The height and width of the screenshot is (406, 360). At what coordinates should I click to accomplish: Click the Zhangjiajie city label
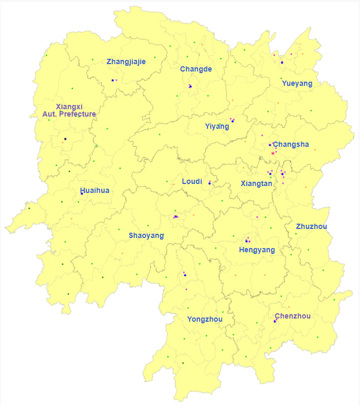[126, 61]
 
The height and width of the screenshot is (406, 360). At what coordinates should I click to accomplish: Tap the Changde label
[196, 69]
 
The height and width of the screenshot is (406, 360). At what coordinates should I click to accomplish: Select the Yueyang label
[297, 83]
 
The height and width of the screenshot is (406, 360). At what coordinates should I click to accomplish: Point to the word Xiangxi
[69, 107]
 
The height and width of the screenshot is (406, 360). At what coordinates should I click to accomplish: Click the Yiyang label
[217, 126]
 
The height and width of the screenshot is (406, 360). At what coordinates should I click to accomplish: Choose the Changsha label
[291, 144]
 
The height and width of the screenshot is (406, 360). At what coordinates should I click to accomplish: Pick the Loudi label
[192, 181]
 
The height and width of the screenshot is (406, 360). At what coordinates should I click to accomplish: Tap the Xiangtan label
[256, 183]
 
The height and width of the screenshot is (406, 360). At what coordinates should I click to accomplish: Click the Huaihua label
[95, 190]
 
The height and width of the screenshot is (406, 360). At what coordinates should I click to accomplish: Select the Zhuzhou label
[311, 226]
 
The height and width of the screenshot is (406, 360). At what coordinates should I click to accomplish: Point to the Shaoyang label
[146, 235]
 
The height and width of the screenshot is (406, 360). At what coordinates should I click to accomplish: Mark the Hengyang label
[257, 250]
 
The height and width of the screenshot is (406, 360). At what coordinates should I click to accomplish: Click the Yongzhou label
[204, 319]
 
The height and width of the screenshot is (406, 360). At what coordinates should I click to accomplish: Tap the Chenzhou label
[293, 316]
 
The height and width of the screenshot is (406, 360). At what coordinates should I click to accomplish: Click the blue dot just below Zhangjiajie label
[113, 80]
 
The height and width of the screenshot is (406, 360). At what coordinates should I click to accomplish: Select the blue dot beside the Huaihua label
[82, 193]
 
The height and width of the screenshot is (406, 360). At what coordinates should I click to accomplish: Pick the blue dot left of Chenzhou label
[275, 321]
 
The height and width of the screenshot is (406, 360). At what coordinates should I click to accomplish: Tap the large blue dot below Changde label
[190, 86]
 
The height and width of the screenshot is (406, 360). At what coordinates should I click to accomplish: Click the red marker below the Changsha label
[273, 153]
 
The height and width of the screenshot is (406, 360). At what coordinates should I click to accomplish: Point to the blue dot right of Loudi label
[210, 183]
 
